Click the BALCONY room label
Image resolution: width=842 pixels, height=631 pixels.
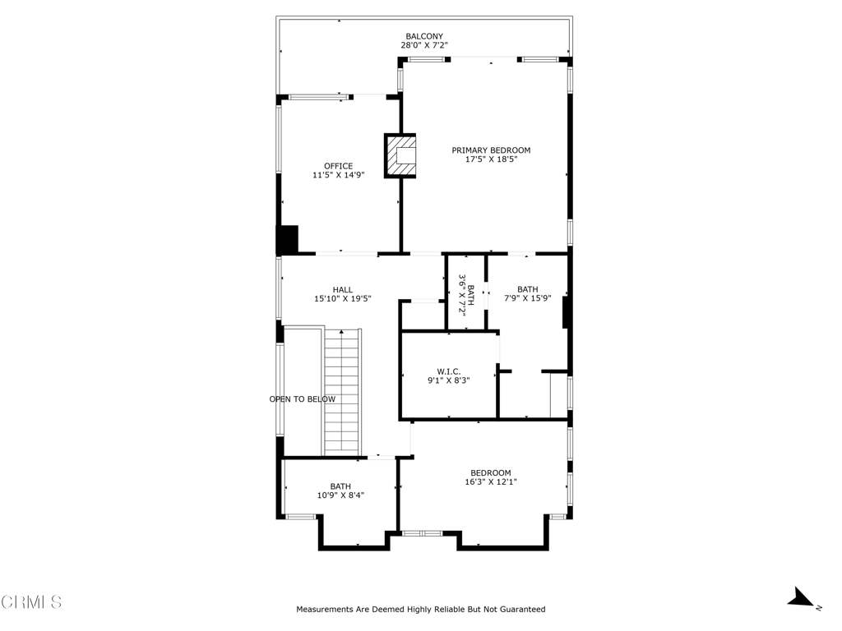(424, 36)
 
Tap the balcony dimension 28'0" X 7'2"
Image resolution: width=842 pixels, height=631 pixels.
(424, 46)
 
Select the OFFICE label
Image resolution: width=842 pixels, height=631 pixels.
(338, 166)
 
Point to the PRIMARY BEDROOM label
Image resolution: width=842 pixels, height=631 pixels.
(491, 150)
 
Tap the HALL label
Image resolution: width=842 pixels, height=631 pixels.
(343, 289)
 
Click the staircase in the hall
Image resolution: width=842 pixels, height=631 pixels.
(342, 391)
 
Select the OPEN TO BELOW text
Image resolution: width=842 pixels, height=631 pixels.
(303, 399)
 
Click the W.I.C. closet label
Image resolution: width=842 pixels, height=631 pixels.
(448, 371)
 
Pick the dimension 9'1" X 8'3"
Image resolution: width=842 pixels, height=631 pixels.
(448, 380)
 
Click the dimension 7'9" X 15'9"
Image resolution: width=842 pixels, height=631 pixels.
(527, 299)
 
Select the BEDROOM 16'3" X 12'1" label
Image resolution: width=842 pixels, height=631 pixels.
(490, 477)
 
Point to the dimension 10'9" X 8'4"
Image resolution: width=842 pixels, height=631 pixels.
(340, 495)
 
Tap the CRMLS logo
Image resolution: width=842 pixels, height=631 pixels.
(31, 602)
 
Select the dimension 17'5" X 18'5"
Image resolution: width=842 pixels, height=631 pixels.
(491, 159)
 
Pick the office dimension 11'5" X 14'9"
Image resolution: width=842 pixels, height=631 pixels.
(338, 175)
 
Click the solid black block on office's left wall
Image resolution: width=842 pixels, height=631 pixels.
(287, 239)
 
